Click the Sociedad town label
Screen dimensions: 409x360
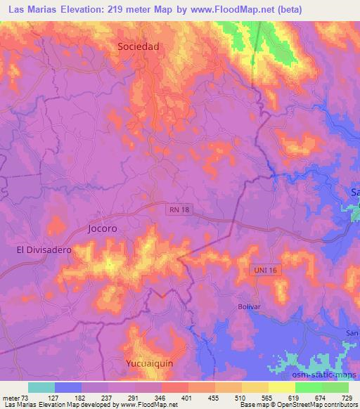pos(139,46)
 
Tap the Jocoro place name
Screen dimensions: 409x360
pos(102,229)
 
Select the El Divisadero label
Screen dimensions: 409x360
pos(44,249)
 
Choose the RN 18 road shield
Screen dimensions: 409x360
pos(179,209)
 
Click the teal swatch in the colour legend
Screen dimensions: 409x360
pos(41,387)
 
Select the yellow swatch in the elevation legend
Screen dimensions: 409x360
pos(281,387)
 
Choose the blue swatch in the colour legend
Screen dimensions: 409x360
pos(67,387)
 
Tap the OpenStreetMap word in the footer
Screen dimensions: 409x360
pos(296,405)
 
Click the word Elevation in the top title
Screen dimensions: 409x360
pos(85,11)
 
